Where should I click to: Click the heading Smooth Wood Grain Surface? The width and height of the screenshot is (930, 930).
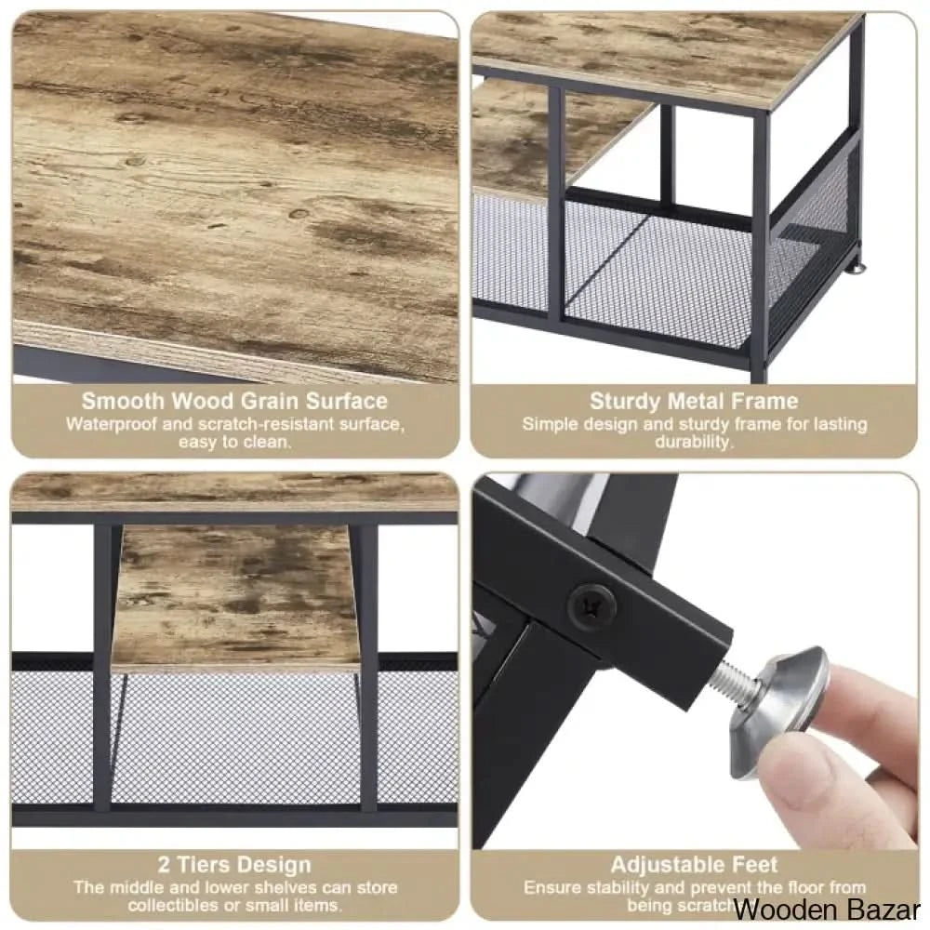pyautogui.click(x=234, y=402)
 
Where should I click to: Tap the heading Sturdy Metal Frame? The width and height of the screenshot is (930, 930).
pyautogui.click(x=694, y=402)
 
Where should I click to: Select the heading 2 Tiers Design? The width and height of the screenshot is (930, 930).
pyautogui.click(x=234, y=866)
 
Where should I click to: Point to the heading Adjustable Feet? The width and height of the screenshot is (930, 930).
pyautogui.click(x=694, y=866)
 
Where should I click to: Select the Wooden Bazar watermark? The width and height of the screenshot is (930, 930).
pyautogui.click(x=827, y=908)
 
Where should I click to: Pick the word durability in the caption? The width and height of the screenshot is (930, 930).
pyautogui.click(x=694, y=443)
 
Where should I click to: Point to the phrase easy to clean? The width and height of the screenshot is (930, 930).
pyautogui.click(x=234, y=443)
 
